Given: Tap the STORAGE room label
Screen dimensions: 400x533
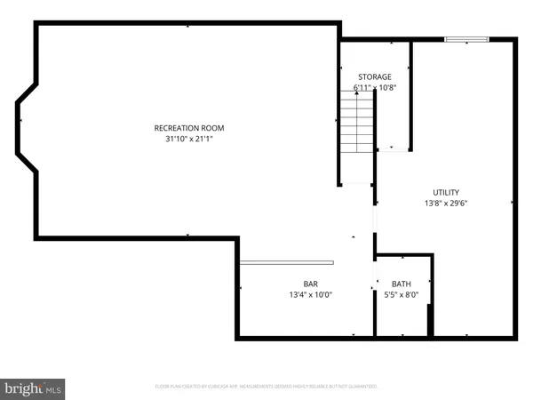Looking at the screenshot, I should click(374, 77).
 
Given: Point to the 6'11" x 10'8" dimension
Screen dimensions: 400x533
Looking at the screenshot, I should click(374, 88).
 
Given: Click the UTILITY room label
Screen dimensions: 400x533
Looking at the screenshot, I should click(446, 192).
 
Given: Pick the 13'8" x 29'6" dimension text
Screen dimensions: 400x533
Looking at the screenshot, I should click(446, 203).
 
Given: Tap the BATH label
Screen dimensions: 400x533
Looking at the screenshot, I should click(402, 284).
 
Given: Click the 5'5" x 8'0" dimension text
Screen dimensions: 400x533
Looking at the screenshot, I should click(402, 295).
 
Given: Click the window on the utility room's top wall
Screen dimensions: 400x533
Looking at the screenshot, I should click(466, 38).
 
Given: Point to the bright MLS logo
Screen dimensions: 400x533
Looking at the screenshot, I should click(34, 388).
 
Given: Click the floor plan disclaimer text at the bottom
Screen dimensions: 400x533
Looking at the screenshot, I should click(266, 387).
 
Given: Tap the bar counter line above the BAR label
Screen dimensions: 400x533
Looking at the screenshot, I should click(286, 261).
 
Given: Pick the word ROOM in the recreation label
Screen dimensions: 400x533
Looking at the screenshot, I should click(203, 128).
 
